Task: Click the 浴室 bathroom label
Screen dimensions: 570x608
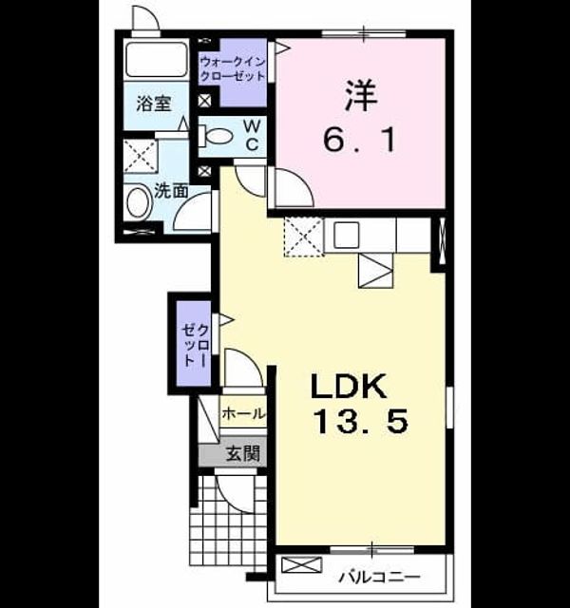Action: [x=154, y=104]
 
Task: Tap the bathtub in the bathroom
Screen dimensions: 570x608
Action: [x=156, y=59]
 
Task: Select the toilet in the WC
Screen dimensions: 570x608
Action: [x=216, y=136]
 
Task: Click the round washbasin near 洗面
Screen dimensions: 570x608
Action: [x=140, y=202]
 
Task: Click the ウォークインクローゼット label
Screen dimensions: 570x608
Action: [x=232, y=68]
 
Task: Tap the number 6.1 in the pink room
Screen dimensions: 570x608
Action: [x=359, y=140]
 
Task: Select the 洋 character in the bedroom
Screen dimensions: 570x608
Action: [x=361, y=96]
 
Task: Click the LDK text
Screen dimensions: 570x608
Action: [x=349, y=386]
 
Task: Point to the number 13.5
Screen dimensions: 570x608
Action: [x=360, y=422]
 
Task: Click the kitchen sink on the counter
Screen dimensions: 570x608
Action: [x=346, y=235]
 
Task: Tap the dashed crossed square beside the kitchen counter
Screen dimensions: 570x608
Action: [x=304, y=237]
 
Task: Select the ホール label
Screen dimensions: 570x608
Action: [x=243, y=414]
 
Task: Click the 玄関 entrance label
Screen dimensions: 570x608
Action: [x=243, y=453]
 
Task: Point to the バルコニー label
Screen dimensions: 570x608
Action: [x=380, y=578]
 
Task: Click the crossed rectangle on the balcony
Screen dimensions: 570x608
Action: [x=302, y=565]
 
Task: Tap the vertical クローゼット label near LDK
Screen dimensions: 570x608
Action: [x=197, y=345]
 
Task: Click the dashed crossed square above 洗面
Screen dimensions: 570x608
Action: [x=141, y=156]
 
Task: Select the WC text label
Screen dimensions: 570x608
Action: [x=252, y=135]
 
